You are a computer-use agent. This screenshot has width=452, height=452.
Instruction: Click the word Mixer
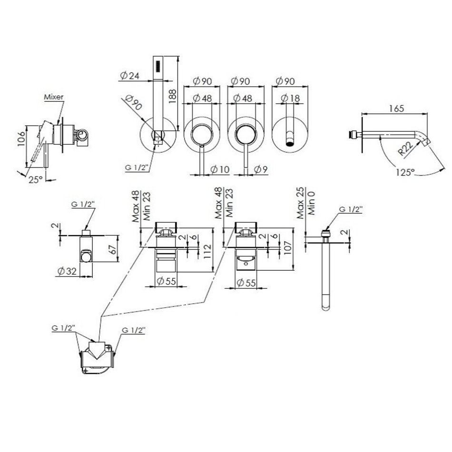54,97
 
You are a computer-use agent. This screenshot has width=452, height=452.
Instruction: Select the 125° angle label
404,172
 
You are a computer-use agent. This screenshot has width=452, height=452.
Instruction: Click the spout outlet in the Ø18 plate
289,141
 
